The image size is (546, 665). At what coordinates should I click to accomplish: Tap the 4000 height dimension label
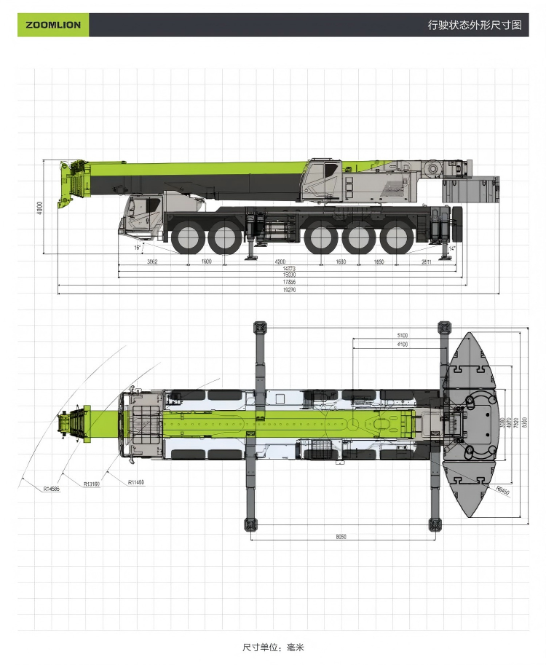pyautogui.click(x=40, y=207)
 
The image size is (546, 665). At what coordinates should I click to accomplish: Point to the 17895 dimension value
pyautogui.click(x=289, y=283)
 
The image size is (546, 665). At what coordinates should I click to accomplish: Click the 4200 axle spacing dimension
pyautogui.click(x=280, y=261)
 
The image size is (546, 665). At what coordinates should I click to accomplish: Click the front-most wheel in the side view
pyautogui.click(x=189, y=238)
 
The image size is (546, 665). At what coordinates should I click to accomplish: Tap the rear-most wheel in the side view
pyautogui.click(x=395, y=238)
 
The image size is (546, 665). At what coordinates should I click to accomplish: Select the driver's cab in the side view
pyautogui.click(x=143, y=214)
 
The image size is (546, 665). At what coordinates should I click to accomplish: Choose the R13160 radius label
pyautogui.click(x=92, y=484)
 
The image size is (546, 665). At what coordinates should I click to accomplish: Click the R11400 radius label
pyautogui.click(x=136, y=482)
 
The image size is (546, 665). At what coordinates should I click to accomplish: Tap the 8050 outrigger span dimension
pyautogui.click(x=341, y=537)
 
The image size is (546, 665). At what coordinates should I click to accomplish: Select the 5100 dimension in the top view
pyautogui.click(x=403, y=336)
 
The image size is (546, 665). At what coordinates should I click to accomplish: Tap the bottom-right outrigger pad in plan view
pyautogui.click(x=435, y=524)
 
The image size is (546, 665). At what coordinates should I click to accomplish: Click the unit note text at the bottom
pyautogui.click(x=273, y=647)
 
